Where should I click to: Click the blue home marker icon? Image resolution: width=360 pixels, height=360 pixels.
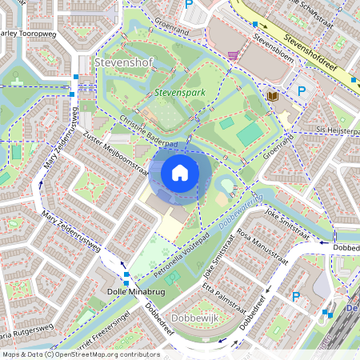pyautogui.click(x=180, y=173)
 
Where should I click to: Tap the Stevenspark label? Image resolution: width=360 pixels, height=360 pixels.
pyautogui.click(x=180, y=94)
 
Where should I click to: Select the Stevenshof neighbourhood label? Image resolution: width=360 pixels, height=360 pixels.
pyautogui.click(x=121, y=61)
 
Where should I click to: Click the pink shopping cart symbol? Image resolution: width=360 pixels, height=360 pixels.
pyautogui.click(x=233, y=55)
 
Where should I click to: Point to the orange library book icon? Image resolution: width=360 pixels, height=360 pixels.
pyautogui.click(x=272, y=96)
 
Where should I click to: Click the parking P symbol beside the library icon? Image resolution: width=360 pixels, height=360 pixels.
pyautogui.click(x=302, y=92)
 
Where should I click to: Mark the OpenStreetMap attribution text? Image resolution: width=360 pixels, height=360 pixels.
pyautogui.click(x=80, y=354)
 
